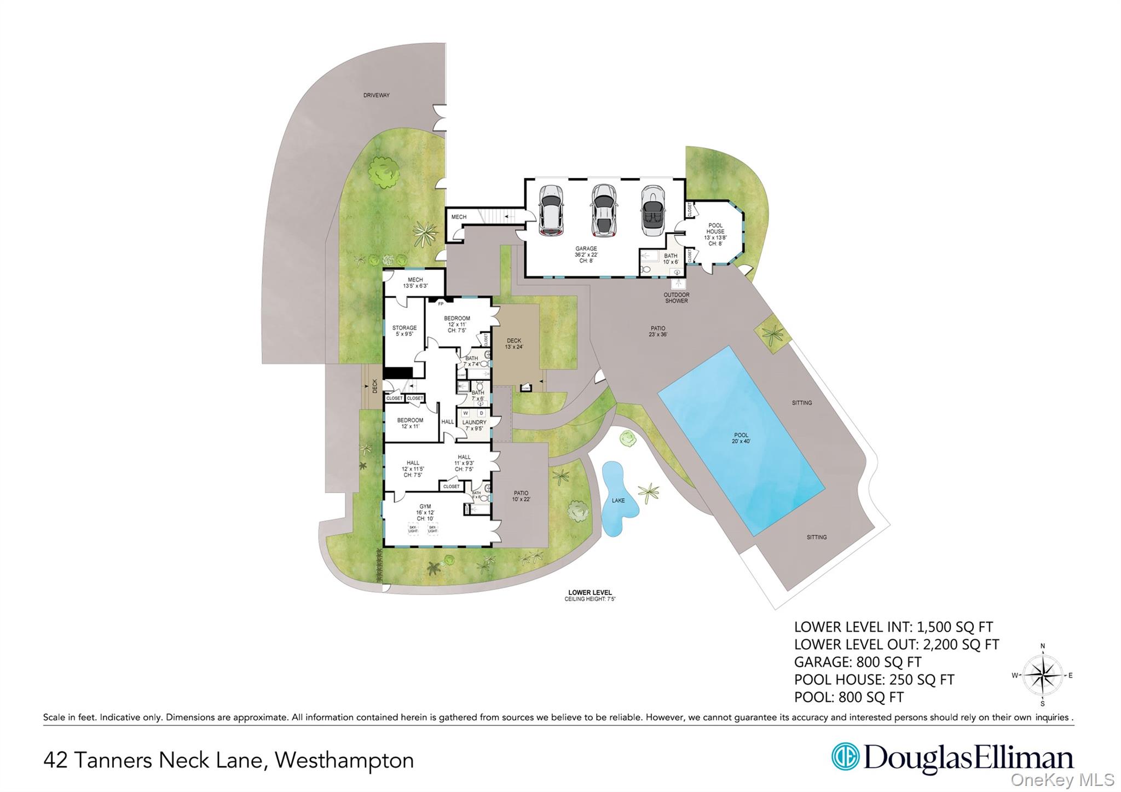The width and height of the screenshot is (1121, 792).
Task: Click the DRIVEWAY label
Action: [376, 95]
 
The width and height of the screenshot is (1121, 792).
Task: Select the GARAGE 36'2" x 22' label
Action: [586, 255]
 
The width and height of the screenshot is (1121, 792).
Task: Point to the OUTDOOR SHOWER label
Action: [676, 298]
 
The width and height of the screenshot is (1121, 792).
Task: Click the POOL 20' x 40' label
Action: [741, 438]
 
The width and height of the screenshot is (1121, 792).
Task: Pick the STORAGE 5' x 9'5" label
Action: [404, 331]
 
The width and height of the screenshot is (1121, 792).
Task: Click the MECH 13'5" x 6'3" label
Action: [415, 282]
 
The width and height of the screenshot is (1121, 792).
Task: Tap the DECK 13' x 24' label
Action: [513, 343]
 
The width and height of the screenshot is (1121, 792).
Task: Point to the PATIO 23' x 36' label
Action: [658, 331]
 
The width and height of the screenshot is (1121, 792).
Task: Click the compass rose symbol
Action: [1042, 675]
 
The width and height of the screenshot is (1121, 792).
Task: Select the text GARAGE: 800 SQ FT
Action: [857, 662]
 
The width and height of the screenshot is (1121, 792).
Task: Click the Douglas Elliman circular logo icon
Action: [845, 756]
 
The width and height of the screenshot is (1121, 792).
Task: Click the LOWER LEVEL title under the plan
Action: [590, 593]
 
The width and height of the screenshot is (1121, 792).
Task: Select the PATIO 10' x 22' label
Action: [521, 496]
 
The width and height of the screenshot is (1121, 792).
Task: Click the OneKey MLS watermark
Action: [1062, 779]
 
